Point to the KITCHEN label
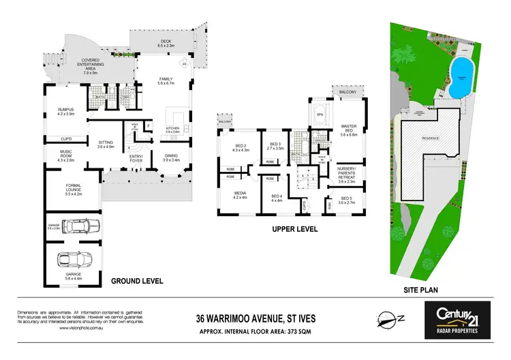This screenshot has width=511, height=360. point(171,129)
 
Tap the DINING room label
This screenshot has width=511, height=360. point(171,156)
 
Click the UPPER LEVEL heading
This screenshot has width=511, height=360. point(294,230)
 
